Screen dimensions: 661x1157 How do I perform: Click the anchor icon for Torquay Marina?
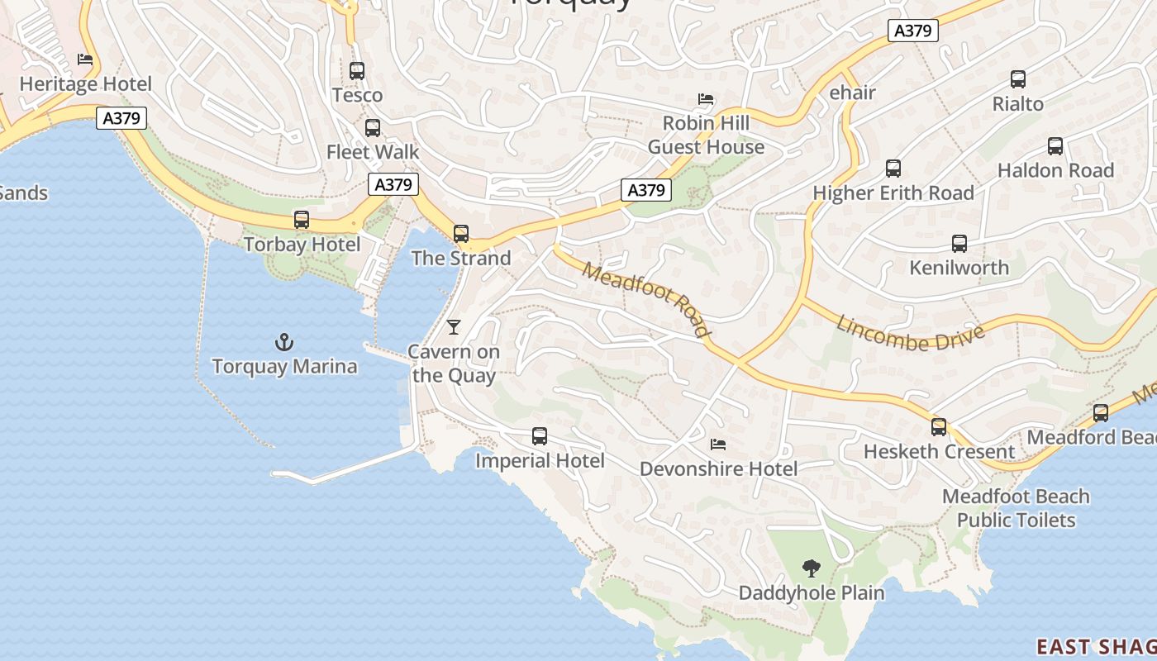(284, 341)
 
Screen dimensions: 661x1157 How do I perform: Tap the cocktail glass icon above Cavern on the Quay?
(453, 326)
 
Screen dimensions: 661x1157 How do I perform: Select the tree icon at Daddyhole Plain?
(812, 568)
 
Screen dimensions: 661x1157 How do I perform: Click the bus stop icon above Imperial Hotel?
(540, 436)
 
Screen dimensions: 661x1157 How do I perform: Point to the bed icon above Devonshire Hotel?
(718, 445)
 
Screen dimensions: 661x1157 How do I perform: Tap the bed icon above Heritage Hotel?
(85, 59)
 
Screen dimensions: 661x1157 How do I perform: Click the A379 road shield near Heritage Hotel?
(121, 118)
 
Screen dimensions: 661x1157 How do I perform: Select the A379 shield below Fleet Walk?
(393, 184)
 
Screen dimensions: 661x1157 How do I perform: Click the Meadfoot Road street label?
(646, 299)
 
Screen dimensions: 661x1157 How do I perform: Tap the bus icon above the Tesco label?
(357, 71)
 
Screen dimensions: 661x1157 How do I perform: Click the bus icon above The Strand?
(461, 234)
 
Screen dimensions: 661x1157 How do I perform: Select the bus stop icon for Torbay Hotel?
(302, 221)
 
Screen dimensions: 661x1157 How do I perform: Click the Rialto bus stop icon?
(1018, 80)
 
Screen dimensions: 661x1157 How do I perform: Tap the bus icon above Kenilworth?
(959, 244)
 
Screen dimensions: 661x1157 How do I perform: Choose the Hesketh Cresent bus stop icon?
(939, 427)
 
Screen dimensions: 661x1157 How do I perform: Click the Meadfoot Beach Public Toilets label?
(1016, 508)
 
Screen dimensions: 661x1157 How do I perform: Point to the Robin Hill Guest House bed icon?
(706, 99)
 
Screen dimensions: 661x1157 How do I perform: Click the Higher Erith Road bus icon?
(893, 169)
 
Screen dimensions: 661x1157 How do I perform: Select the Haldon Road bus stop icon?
(1055, 146)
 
